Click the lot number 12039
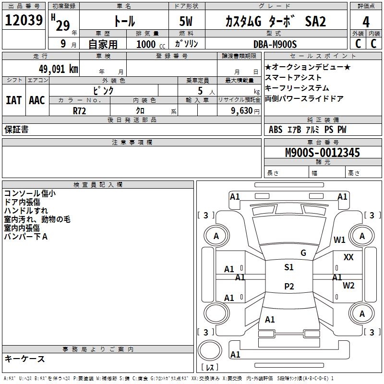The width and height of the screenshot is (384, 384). (24, 20)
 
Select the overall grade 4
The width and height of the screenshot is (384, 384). (366, 22)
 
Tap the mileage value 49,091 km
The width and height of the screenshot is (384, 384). (59, 69)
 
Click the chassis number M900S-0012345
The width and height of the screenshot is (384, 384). (323, 153)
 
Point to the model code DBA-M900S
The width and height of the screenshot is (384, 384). (275, 44)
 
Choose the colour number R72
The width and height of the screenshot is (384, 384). (79, 111)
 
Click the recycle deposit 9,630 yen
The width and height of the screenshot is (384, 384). (245, 111)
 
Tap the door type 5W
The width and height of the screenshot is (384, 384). (186, 21)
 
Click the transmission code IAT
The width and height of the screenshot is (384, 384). (14, 100)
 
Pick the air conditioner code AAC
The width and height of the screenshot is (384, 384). (37, 100)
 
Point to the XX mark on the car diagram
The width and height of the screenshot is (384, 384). (348, 257)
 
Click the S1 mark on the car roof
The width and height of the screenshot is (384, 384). (289, 267)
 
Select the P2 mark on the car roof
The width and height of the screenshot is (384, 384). (289, 286)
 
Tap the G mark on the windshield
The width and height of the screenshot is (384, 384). (303, 253)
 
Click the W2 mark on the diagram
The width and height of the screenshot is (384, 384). (348, 285)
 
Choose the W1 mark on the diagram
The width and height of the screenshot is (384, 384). (339, 240)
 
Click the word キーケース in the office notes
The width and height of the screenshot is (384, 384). (24, 359)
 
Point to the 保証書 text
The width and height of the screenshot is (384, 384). (16, 129)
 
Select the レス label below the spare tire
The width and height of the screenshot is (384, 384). (210, 367)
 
